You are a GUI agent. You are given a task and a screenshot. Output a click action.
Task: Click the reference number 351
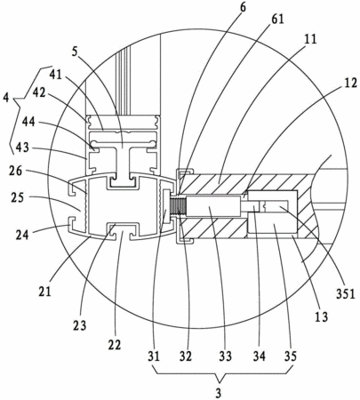[345, 294]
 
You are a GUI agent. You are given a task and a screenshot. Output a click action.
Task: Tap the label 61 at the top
[277, 20]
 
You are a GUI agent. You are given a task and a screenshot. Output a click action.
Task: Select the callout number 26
[16, 171]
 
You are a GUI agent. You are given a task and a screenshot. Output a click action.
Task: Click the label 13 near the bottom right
[322, 316]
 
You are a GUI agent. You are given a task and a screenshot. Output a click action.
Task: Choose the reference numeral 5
[75, 52]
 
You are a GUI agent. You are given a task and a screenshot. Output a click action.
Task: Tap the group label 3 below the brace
[219, 394]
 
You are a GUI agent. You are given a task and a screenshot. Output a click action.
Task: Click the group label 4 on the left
[6, 98]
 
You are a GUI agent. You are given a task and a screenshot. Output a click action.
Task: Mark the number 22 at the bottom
[114, 345]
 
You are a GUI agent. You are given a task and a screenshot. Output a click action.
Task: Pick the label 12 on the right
[350, 84]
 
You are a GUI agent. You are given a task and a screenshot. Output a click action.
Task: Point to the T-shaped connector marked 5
[124, 163]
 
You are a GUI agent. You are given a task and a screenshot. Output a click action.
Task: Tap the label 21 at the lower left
[44, 292]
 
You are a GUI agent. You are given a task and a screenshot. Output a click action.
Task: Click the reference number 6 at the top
[243, 8]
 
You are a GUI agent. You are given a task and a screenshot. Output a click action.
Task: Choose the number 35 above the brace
[290, 356]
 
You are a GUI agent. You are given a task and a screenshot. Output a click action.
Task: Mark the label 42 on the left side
[38, 92]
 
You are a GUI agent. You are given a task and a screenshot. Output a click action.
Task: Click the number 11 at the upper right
[310, 39]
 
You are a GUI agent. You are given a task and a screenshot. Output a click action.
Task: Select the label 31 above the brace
[154, 356]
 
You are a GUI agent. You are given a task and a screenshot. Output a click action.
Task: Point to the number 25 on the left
[17, 197]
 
